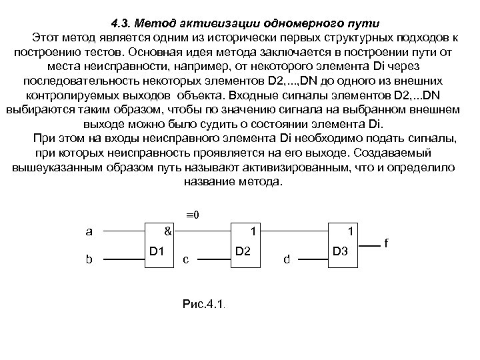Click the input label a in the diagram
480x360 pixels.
pyautogui.click(x=89, y=232)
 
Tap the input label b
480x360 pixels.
pyautogui.click(x=89, y=259)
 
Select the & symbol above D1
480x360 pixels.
pyautogui.click(x=168, y=232)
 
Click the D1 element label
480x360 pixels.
pyautogui.click(x=157, y=251)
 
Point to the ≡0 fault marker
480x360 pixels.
pyautogui.click(x=193, y=215)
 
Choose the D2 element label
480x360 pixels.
pyautogui.click(x=243, y=251)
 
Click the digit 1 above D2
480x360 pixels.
pyautogui.click(x=253, y=232)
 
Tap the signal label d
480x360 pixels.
pyautogui.click(x=287, y=259)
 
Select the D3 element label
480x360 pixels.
pyautogui.click(x=339, y=251)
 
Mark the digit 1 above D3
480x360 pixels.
pyautogui.click(x=351, y=232)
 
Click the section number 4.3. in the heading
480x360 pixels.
pyautogui.click(x=124, y=23)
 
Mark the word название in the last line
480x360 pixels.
pyautogui.click(x=209, y=182)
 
